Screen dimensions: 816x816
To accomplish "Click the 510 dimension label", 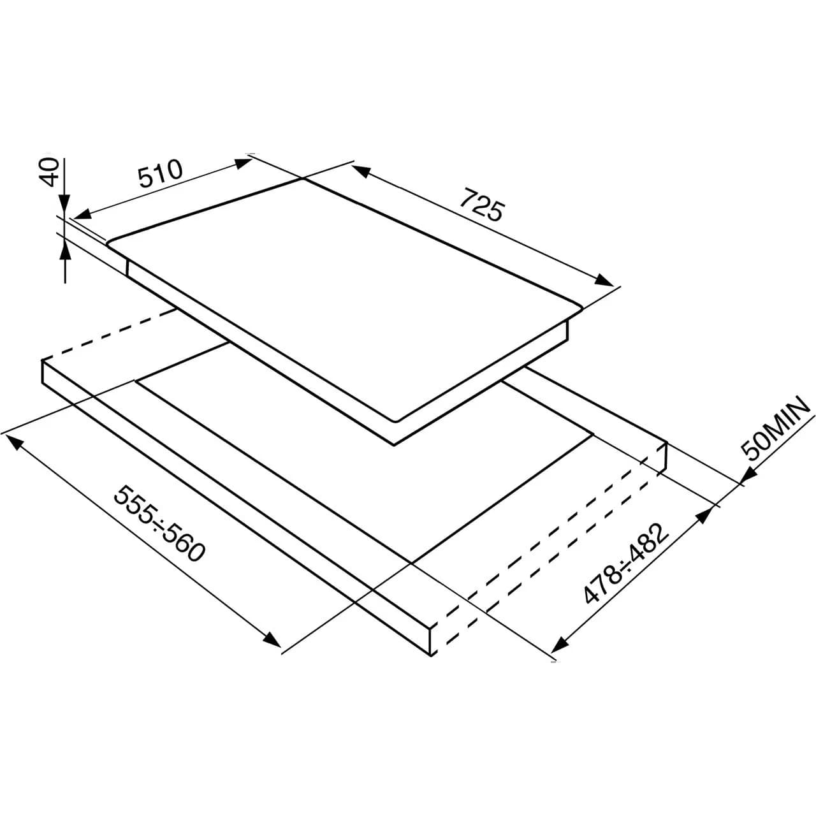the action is point(161,173).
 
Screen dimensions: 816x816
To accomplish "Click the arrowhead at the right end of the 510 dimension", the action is point(244,163).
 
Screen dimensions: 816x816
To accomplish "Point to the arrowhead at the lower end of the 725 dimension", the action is point(603,280).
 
